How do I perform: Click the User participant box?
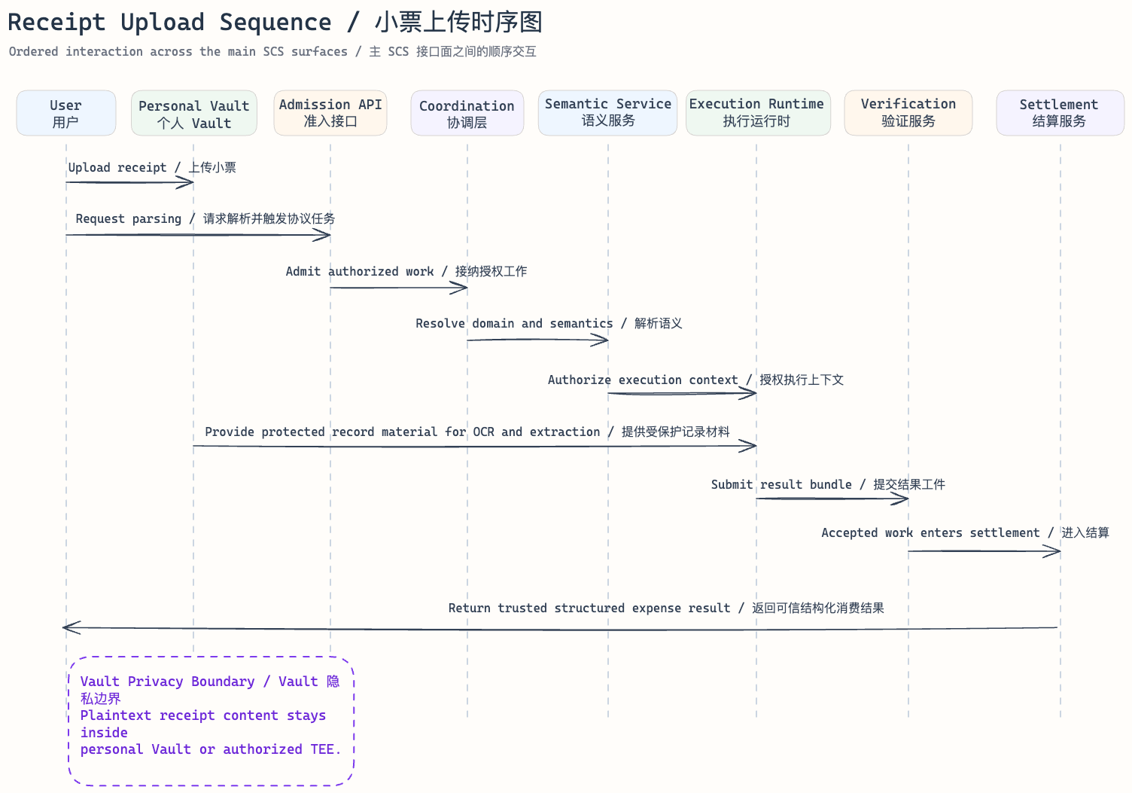click(66, 113)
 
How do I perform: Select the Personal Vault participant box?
click(193, 114)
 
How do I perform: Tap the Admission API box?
click(330, 113)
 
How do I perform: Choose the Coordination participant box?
click(467, 114)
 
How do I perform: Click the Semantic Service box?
click(607, 113)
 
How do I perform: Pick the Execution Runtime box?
click(757, 113)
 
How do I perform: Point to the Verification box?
click(908, 113)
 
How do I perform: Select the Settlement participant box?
click(1059, 113)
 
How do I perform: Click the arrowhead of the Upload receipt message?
click(188, 182)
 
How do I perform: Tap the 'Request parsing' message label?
click(129, 219)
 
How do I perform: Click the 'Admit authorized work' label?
click(360, 272)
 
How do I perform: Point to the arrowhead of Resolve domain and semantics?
click(602, 340)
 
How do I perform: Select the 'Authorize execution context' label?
click(642, 380)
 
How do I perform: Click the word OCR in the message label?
click(483, 432)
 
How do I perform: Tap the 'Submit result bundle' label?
click(781, 485)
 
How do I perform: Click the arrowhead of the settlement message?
click(1054, 552)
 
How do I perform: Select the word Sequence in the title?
click(275, 23)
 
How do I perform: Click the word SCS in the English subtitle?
click(273, 52)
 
